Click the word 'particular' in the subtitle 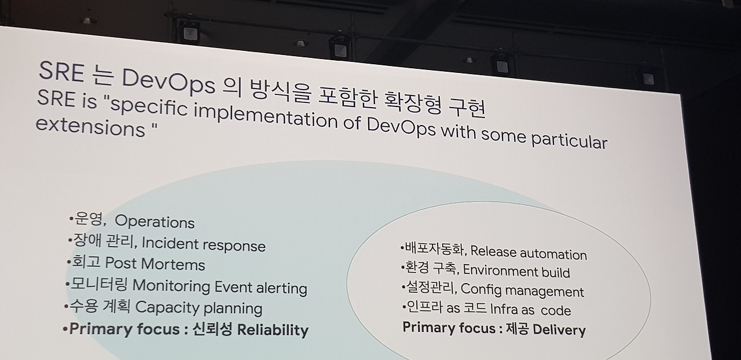569,141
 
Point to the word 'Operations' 155,221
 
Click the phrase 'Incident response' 203,244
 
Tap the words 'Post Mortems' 155,264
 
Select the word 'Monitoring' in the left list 171,286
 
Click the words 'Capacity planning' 199,308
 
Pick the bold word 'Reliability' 273,330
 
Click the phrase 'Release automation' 529,253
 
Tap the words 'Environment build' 516,271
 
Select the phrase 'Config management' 522,291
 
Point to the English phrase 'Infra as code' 530,310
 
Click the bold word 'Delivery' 559,330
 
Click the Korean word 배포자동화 434,249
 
